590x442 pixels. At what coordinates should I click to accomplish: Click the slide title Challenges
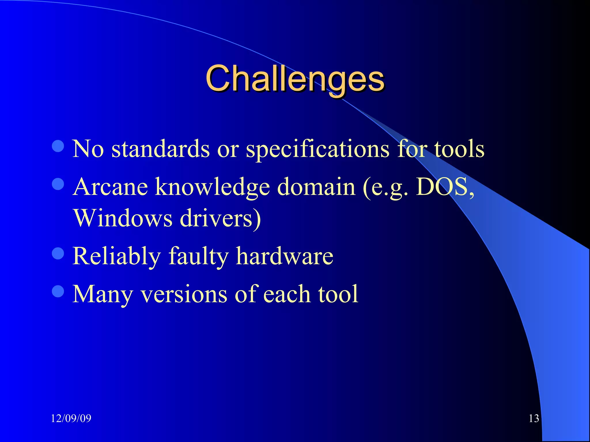295,78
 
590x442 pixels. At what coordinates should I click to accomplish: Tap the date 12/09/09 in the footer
71,418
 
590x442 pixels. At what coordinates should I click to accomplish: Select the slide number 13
534,418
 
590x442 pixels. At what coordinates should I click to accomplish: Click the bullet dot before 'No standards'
58,146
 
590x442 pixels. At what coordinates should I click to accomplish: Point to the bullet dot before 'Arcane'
58,184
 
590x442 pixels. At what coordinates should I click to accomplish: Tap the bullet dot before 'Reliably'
58,253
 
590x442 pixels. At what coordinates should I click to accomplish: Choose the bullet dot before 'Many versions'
58,291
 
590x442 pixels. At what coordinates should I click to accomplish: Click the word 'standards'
160,149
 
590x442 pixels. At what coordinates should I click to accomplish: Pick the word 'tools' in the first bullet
459,149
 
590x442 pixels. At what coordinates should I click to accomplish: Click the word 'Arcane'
110,187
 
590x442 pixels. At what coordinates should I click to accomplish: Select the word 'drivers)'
220,219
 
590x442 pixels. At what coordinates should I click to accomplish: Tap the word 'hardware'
284,256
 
